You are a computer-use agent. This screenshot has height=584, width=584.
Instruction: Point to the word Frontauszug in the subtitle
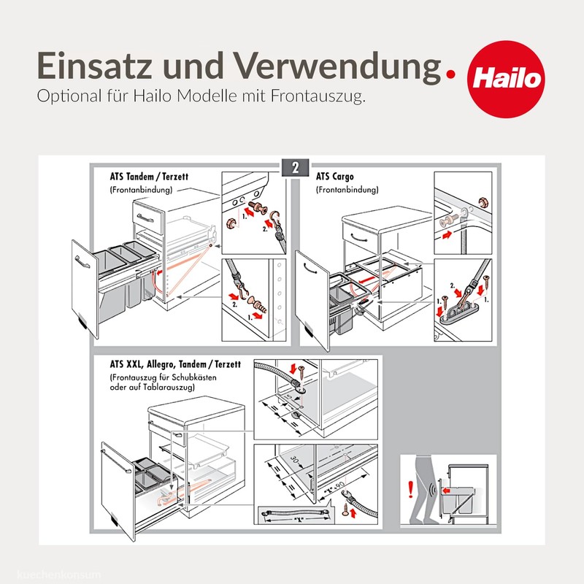point(321,98)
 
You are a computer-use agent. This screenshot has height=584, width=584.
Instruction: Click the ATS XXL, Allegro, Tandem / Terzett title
point(177,363)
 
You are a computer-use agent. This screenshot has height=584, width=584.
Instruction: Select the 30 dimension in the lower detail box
point(294,459)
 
